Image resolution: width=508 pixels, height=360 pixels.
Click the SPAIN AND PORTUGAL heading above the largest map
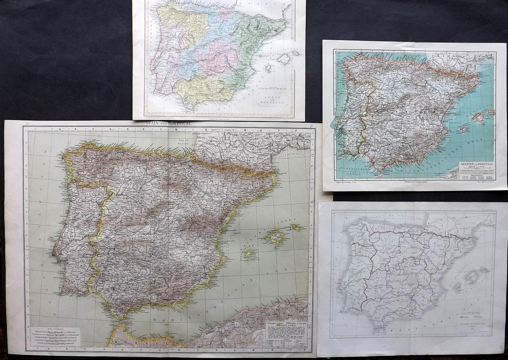(169, 124)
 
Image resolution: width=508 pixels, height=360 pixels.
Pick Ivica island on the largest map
(249, 254)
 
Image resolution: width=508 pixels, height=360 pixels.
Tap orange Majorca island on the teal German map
(479, 117)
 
